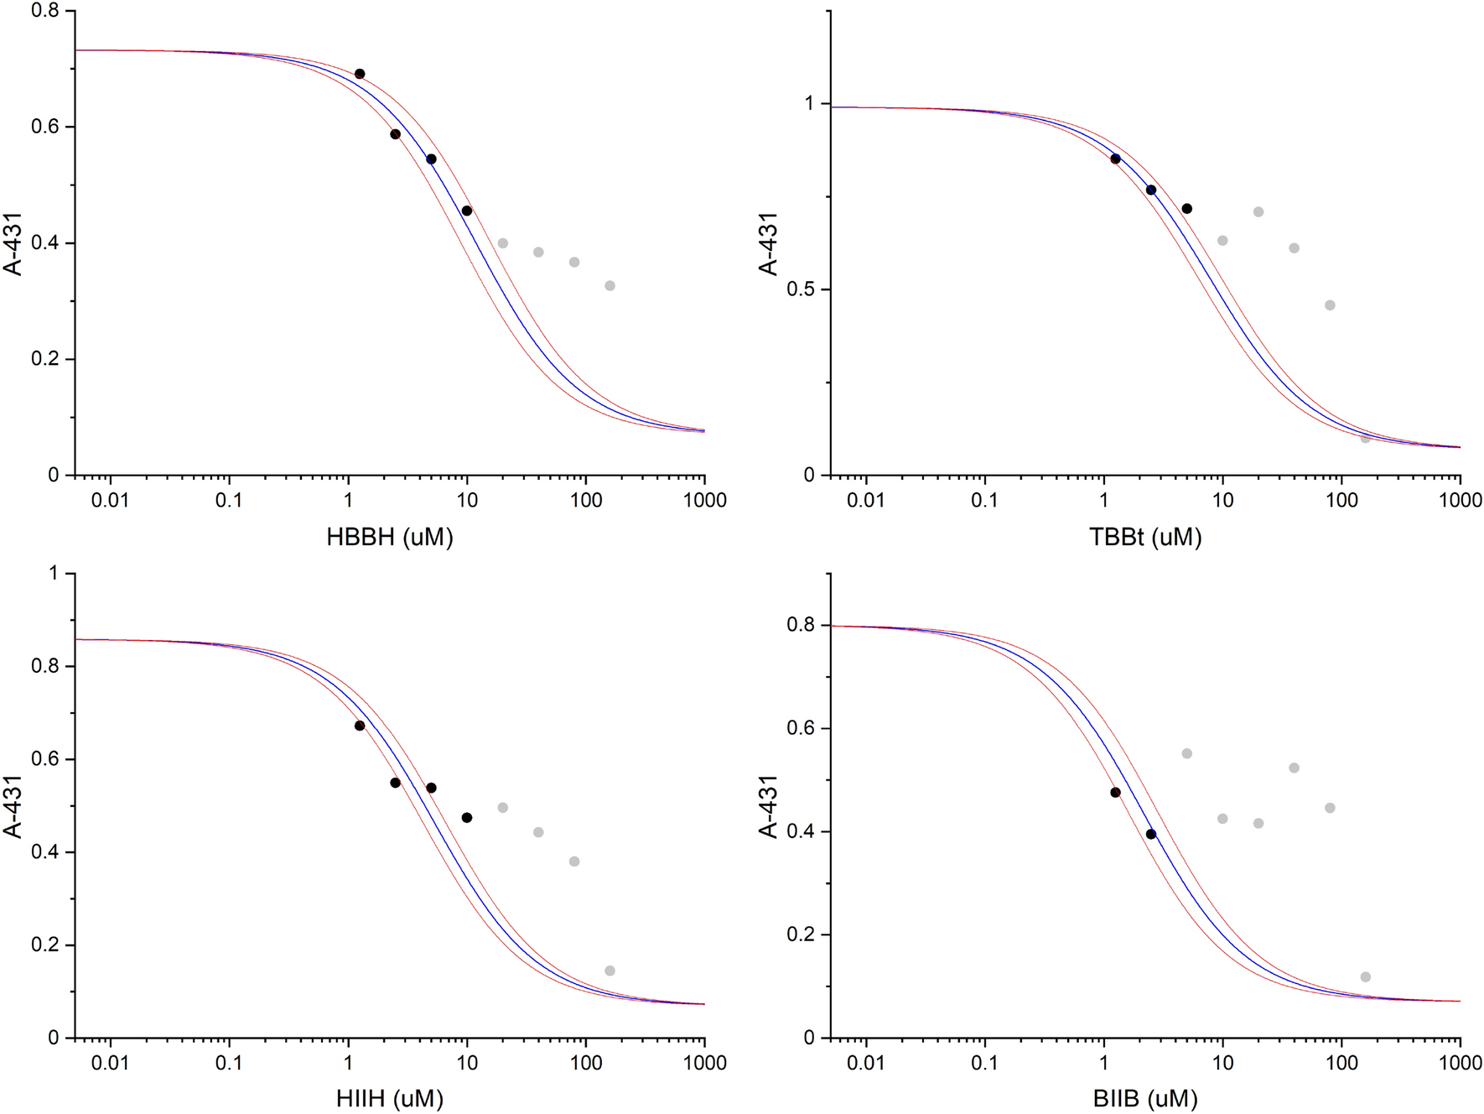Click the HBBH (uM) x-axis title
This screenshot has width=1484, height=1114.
390,537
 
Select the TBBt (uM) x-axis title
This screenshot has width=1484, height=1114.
1145,537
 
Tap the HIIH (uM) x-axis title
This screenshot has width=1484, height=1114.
390,1098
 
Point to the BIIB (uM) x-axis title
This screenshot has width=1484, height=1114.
1145,1098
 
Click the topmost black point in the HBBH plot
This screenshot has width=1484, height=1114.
360,74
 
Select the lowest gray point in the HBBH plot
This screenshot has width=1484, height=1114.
610,286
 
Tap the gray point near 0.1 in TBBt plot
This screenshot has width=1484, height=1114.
1366,439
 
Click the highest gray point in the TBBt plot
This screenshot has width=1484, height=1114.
1258,212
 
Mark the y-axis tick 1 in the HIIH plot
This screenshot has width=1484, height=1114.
54,574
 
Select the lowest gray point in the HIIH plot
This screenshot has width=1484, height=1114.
610,971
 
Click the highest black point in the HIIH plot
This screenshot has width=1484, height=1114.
360,726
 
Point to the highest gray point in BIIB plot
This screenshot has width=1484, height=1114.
1187,753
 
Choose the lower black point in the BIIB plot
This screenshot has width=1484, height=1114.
1151,834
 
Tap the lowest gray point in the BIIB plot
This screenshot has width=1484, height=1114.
1366,976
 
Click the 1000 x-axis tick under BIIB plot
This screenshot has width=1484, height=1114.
1461,1063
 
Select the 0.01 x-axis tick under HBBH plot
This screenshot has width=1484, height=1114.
110,501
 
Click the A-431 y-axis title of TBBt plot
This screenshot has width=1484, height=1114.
768,243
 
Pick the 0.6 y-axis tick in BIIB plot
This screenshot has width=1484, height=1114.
802,728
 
